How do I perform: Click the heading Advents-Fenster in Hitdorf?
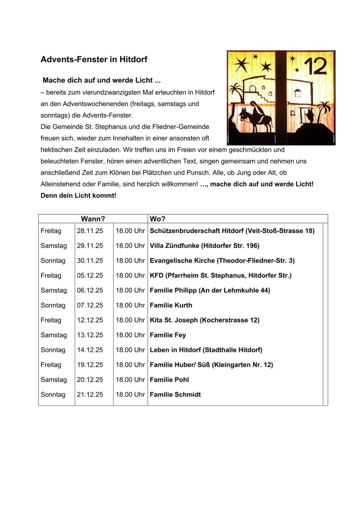click(x=94, y=59)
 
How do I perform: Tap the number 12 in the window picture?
click(x=315, y=67)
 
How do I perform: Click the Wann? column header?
click(x=93, y=219)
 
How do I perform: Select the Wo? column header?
click(x=157, y=219)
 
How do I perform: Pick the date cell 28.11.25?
click(x=90, y=231)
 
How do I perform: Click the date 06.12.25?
click(x=90, y=290)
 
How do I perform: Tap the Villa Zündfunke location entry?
click(x=204, y=246)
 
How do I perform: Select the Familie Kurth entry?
click(x=171, y=305)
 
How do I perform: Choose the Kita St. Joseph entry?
click(x=205, y=320)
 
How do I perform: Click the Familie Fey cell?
click(x=168, y=335)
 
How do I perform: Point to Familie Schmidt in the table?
click(x=175, y=394)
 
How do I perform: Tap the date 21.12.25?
click(x=90, y=394)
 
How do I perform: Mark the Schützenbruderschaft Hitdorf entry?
click(x=232, y=231)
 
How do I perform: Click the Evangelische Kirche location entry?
click(x=222, y=261)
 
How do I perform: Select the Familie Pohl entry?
click(x=169, y=380)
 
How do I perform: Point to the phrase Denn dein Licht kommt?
click(x=78, y=196)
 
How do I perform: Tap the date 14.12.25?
click(x=90, y=350)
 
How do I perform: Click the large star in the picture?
click(x=242, y=64)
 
